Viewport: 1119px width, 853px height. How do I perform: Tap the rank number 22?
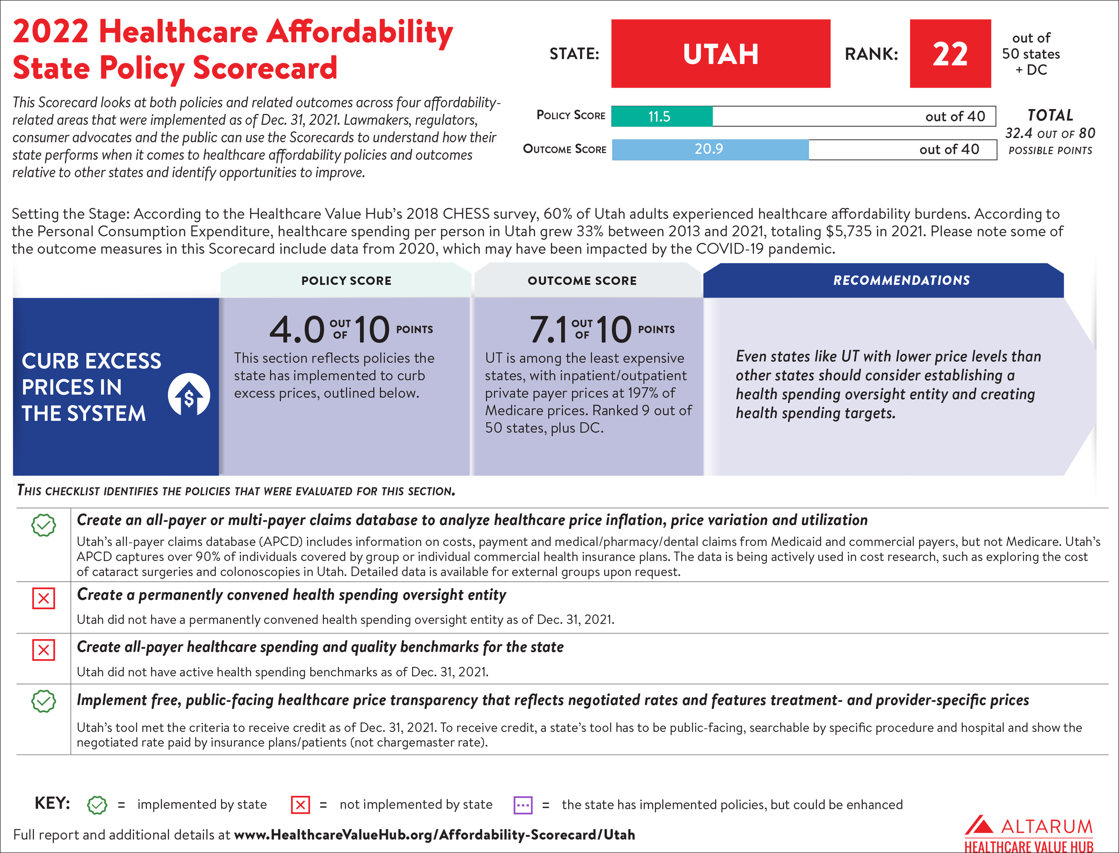(950, 54)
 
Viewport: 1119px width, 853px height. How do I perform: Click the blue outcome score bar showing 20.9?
(709, 149)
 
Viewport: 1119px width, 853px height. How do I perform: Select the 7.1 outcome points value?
(548, 330)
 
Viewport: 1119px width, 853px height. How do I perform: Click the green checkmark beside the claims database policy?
(44, 525)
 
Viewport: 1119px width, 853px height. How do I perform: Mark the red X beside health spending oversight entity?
(44, 598)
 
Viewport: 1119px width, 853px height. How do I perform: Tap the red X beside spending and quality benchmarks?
(44, 650)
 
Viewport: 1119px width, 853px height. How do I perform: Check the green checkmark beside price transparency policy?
(44, 701)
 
